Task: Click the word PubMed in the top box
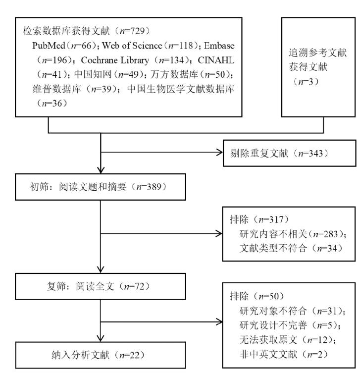pos(49,46)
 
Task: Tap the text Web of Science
pos(132,46)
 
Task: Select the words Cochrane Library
pos(115,60)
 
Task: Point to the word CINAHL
pos(216,60)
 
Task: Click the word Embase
pos(219,46)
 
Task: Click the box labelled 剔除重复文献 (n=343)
pos(290,153)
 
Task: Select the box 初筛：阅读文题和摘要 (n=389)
pos(101,187)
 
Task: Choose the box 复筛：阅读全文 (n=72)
pos(101,286)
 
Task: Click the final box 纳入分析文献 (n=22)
pos(101,355)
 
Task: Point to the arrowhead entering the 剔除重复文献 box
pos(220,153)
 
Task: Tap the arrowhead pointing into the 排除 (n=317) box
pos(219,234)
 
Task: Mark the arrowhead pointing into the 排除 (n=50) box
pos(219,321)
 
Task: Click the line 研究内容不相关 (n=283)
pos(293,234)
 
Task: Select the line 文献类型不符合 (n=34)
pos(291,248)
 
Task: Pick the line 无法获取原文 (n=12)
pos(288,340)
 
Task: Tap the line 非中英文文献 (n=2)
pos(284,354)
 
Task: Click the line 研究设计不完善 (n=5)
pos(290,325)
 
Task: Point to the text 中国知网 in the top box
pos(93,74)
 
